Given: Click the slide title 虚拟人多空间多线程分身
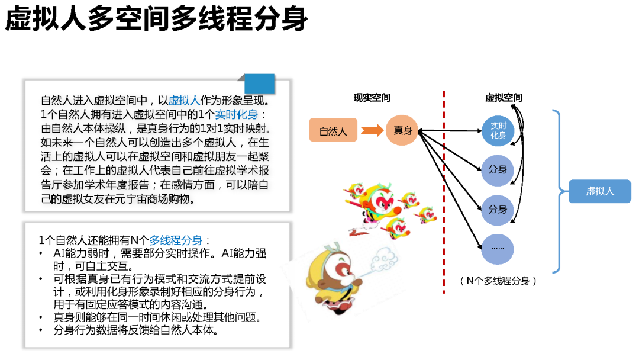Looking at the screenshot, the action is point(156,20).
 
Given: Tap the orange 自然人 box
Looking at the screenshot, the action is point(333,131).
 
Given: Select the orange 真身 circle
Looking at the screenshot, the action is point(403,130).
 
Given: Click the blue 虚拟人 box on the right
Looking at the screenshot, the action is point(599,191).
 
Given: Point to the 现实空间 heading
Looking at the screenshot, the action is point(372,98).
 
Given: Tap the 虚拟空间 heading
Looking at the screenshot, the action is point(504,98).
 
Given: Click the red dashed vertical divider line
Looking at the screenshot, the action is point(444,195).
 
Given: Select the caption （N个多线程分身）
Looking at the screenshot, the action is point(498,281).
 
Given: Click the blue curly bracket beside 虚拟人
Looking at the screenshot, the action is point(559,191).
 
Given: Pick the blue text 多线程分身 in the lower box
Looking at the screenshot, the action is point(176,240).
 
